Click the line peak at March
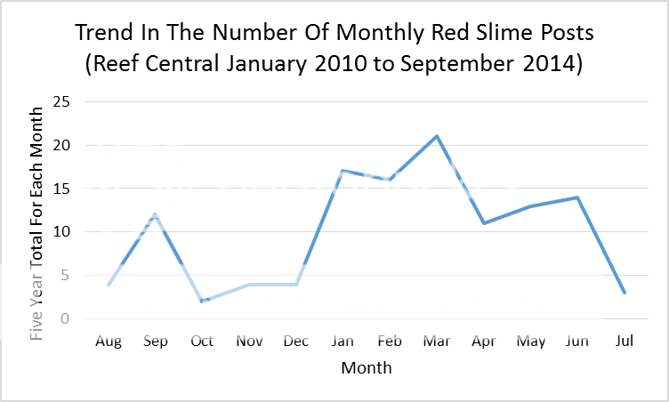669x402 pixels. tap(437, 136)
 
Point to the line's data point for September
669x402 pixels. tap(155, 214)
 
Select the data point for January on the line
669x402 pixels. tap(343, 171)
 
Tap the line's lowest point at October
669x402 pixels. tap(202, 301)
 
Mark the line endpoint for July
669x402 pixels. tap(625, 293)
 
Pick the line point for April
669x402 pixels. tap(484, 223)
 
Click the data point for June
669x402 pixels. tap(577, 197)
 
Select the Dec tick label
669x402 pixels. tap(296, 341)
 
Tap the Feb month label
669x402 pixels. tap(390, 341)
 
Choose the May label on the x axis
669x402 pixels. tap(530, 341)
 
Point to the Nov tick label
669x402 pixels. tap(249, 341)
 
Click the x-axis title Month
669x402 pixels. tap(366, 366)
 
